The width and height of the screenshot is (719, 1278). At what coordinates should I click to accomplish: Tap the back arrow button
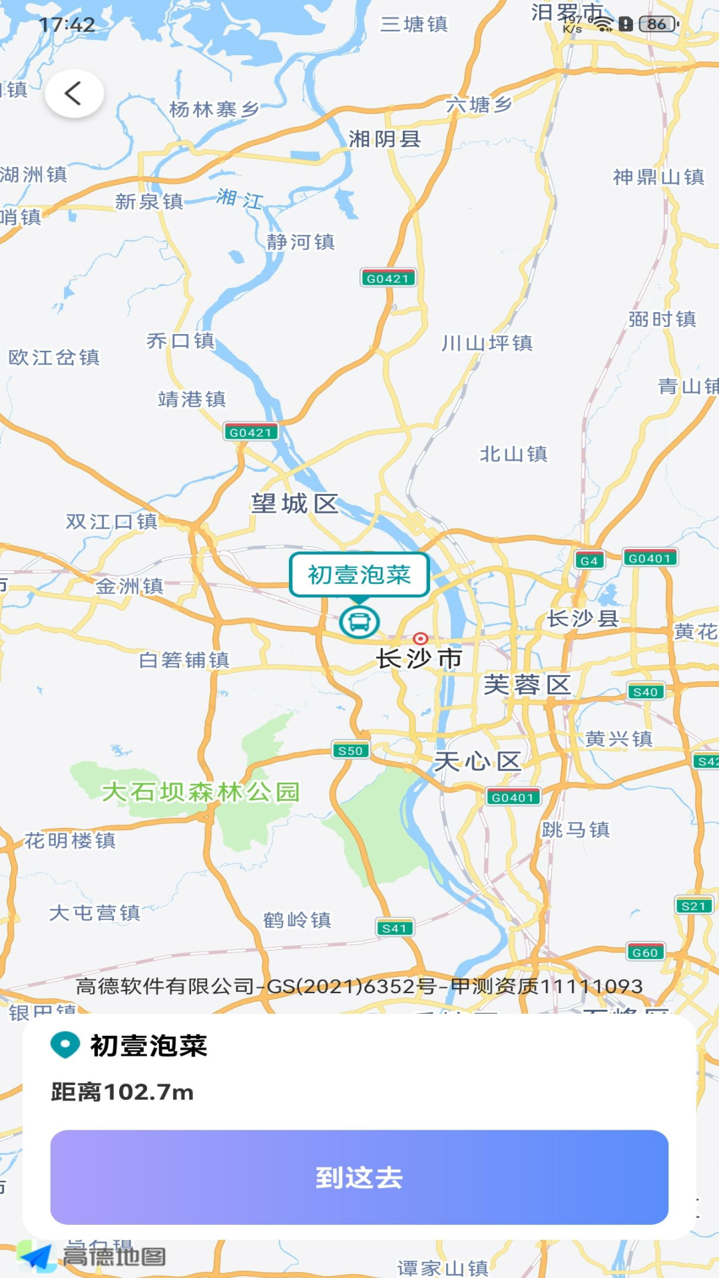(x=74, y=93)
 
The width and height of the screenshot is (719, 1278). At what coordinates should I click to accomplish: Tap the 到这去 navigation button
(x=359, y=1177)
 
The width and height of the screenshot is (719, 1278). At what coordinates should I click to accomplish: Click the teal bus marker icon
(x=359, y=622)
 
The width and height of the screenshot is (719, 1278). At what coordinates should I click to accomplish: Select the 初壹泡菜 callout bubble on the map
(x=359, y=574)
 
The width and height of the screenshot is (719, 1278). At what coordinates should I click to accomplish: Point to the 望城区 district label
(x=294, y=504)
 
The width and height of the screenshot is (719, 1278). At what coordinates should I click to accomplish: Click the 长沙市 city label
(x=419, y=659)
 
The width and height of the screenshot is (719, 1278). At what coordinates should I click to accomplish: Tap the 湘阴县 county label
(x=385, y=139)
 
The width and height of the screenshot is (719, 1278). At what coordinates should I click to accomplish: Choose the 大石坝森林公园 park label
(x=200, y=792)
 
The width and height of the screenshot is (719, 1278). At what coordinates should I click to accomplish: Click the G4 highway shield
(x=589, y=560)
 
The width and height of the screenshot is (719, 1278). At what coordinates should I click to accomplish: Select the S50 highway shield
(x=350, y=751)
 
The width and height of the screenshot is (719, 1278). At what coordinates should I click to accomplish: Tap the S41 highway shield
(x=394, y=928)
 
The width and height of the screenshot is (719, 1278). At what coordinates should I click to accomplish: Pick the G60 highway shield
(x=645, y=953)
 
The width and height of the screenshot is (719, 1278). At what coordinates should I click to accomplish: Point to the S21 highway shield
(x=693, y=906)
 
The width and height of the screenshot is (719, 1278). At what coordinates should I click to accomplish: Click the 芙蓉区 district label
(x=527, y=685)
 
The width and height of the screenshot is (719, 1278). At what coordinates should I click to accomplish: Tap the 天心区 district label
(x=477, y=761)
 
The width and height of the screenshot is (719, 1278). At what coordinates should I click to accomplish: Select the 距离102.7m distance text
(x=122, y=1092)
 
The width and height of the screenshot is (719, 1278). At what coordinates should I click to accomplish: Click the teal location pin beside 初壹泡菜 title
(x=65, y=1046)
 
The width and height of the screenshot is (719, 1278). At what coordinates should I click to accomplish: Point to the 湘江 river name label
(x=240, y=198)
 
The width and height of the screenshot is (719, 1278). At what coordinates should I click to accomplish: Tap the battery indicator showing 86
(x=658, y=25)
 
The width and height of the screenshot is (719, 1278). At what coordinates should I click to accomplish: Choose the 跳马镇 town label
(x=576, y=829)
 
